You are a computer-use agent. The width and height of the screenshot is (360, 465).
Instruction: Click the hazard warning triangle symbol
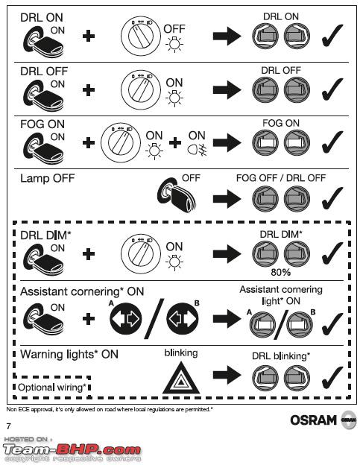pos(181,378)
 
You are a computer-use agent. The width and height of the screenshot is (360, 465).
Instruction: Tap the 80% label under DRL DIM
pos(280,272)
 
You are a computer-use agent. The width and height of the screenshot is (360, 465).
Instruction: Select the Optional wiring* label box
pos(52,387)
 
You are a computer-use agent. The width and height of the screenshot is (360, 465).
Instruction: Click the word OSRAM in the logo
pos(314,420)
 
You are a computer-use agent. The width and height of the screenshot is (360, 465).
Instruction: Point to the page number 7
pos(9,426)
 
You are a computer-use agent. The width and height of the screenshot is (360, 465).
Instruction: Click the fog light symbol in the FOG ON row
pos(197,150)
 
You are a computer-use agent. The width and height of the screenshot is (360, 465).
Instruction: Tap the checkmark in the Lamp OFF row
pos(332,197)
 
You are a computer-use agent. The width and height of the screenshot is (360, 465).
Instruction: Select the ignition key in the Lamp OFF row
pos(176,194)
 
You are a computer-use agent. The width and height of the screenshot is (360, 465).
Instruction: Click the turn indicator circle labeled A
pos(126,318)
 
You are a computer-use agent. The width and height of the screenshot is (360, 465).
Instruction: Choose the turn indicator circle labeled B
pos(183,318)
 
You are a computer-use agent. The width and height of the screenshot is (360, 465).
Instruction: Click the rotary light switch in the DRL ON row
pos(141,36)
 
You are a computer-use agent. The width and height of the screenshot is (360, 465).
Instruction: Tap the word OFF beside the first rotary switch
pos(174,29)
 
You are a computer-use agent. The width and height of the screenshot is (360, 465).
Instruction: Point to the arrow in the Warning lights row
pos(227,375)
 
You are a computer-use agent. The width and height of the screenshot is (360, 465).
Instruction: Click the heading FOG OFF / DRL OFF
pos(280,178)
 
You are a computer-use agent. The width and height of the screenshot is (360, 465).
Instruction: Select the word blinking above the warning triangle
pos(181,353)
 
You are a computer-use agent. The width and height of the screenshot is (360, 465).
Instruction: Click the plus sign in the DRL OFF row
pos(89,90)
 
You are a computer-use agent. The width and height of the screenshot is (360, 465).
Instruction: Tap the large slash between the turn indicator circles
pos(154,318)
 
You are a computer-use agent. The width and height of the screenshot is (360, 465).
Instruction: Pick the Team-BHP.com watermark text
pos(72,449)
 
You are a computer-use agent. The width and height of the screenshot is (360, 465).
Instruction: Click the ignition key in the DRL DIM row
pos(43,257)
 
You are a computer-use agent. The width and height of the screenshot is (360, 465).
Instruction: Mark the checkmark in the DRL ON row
pos(332,36)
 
